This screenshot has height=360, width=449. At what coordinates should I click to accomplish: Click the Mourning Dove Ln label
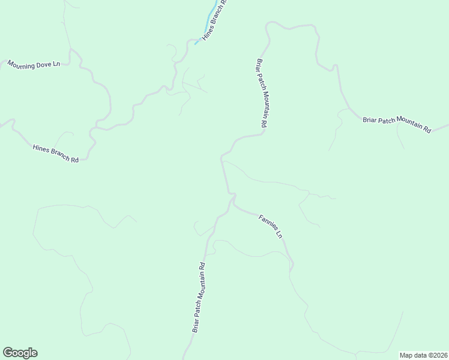34,64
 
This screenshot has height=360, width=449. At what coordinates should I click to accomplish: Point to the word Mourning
22,63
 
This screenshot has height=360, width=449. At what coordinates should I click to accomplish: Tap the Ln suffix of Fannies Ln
279,233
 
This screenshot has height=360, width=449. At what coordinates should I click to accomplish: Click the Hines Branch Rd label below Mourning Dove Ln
56,154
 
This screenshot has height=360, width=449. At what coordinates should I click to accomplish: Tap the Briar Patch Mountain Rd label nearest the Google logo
199,298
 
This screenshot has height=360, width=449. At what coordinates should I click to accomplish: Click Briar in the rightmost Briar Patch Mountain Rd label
370,120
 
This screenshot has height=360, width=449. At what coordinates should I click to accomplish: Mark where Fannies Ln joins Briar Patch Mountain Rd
232,200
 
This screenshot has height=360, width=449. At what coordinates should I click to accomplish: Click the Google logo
20,353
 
